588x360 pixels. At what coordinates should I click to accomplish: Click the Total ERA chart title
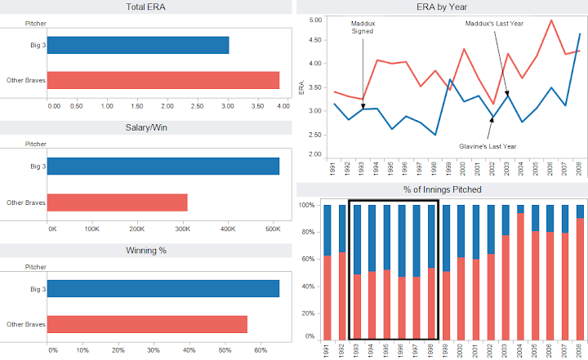click(148, 7)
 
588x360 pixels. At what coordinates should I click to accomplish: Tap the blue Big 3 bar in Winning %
click(163, 288)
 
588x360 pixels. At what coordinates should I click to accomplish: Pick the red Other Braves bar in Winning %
click(148, 324)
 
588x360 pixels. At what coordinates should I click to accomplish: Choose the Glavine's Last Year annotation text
click(488, 146)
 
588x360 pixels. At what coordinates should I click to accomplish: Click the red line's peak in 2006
click(552, 20)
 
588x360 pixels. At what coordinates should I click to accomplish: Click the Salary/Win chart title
click(148, 128)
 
